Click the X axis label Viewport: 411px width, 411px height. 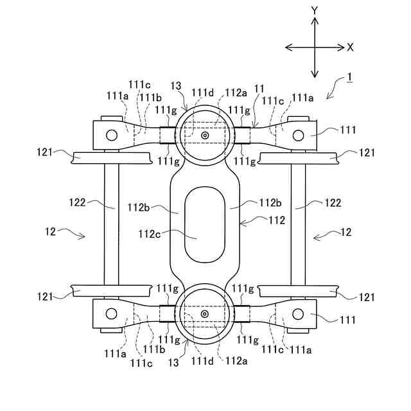coord(350,48)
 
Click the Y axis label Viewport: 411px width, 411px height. coord(314,11)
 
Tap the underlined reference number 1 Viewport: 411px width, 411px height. coord(349,77)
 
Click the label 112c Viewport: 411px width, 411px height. coord(150,234)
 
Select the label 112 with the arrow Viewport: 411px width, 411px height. coord(277,220)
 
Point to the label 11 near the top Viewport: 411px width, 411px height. coord(259,89)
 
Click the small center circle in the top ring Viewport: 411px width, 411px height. coord(205,136)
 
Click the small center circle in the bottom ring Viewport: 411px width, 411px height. coord(205,314)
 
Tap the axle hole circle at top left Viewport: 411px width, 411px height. coord(112,136)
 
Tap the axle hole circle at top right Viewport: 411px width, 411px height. coord(298,136)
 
